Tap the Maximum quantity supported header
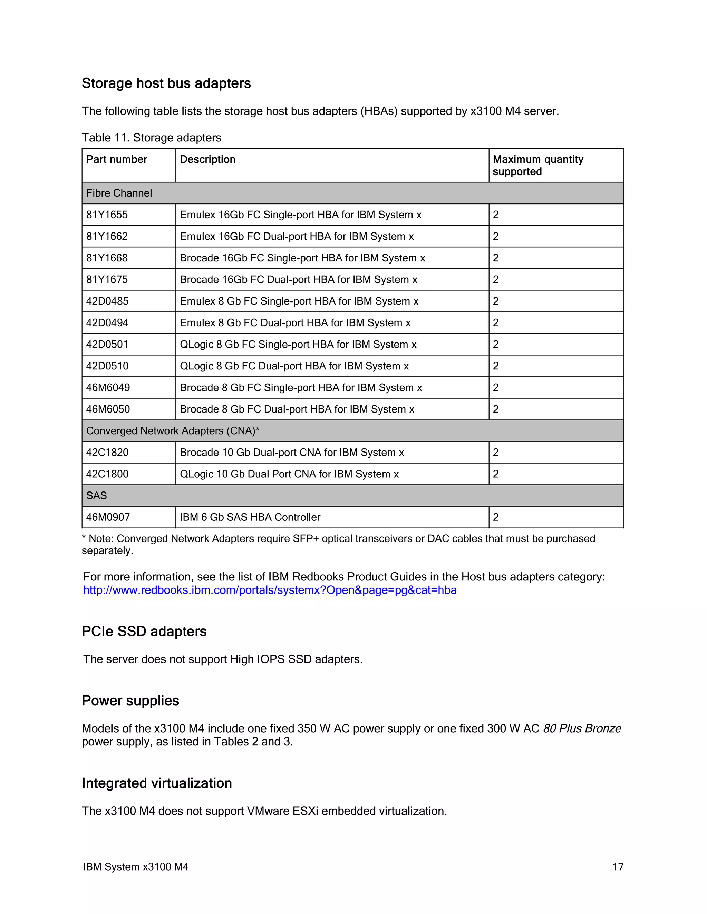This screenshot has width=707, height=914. [x=538, y=165]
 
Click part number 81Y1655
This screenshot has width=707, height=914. [x=107, y=215]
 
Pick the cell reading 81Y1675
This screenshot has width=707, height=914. [x=107, y=280]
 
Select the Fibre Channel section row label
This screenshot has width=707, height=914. [x=119, y=193]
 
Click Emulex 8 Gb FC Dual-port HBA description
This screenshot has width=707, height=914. [x=295, y=323]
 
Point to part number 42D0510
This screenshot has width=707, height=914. [x=107, y=366]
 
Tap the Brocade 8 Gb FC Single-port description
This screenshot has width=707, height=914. [x=301, y=388]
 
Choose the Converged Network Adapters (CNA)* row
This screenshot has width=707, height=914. [x=173, y=431]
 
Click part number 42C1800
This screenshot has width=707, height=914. [x=107, y=474]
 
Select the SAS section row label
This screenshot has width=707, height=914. [x=96, y=496]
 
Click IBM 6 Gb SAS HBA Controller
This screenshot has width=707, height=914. [x=250, y=517]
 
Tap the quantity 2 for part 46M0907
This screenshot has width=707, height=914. [x=496, y=517]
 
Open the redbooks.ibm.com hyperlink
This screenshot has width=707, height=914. [x=270, y=590]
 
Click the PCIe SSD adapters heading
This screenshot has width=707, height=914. [x=144, y=632]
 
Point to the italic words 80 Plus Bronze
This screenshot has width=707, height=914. [x=582, y=728]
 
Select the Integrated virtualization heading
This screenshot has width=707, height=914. [x=157, y=783]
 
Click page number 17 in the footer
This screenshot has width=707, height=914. [x=618, y=867]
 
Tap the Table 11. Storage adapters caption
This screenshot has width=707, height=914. [x=151, y=138]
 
